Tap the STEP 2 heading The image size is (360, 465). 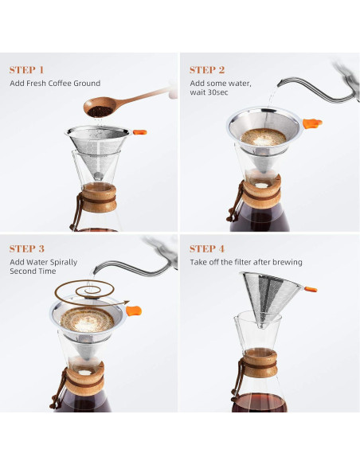[207, 69]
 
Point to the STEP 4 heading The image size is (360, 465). [207, 248]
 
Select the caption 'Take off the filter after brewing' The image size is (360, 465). [245, 262]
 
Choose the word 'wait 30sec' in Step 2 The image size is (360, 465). [210, 95]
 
